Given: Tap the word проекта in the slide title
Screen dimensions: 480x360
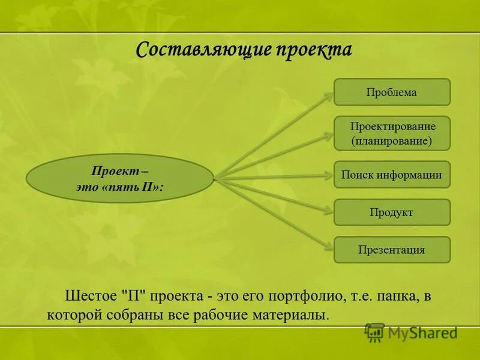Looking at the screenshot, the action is [313, 49].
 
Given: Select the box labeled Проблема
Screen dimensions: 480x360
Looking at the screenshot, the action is [392, 92].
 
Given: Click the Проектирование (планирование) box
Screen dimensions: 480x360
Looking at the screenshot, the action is [392, 133].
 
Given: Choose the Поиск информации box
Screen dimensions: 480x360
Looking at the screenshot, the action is [392, 175].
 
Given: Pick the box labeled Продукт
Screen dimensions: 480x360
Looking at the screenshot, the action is [392, 212].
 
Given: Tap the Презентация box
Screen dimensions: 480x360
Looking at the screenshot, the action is [392, 250].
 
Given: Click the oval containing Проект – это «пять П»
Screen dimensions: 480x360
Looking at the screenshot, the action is [120, 179].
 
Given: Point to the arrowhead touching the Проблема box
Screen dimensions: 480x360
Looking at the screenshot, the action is [330, 94].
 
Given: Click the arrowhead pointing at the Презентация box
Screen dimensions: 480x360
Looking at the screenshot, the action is [330, 246].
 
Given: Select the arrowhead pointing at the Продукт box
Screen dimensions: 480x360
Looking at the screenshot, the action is [329, 211].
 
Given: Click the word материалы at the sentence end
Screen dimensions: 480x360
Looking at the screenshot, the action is [295, 314].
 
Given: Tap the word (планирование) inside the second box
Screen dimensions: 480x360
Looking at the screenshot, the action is [392, 142].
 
